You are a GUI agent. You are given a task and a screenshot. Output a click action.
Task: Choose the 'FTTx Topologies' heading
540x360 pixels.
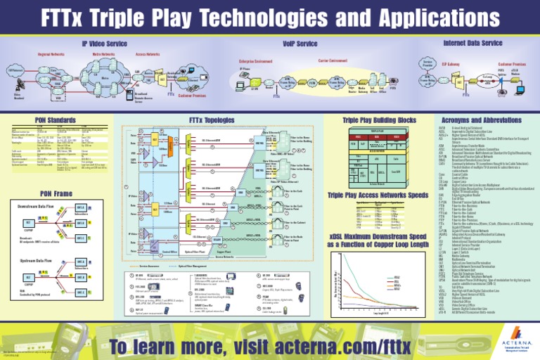205,120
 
